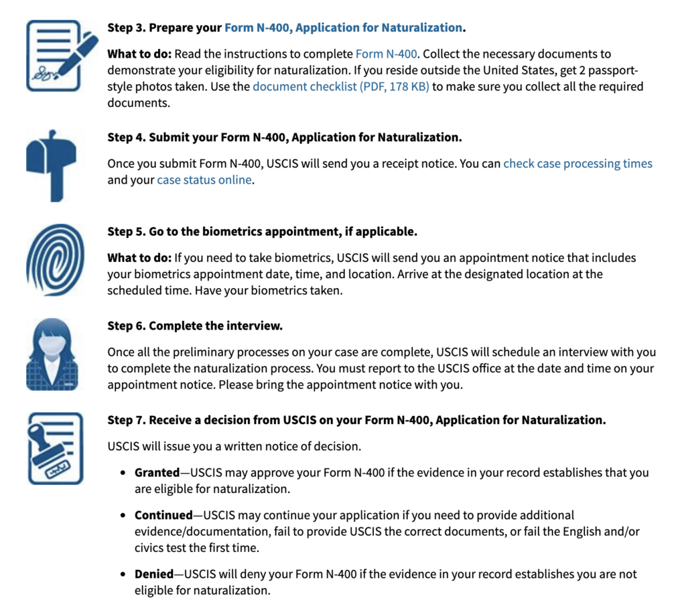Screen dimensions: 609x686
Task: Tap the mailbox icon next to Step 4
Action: click(52, 165)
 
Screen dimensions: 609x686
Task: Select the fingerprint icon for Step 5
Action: click(55, 260)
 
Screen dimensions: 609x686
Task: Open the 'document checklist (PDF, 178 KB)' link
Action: click(341, 86)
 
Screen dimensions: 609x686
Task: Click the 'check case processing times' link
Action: click(577, 163)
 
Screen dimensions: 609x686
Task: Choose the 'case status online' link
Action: click(204, 180)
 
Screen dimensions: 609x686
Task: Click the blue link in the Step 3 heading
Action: click(343, 28)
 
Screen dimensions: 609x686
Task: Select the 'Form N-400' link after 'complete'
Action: click(387, 54)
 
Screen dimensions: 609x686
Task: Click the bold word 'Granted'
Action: click(157, 472)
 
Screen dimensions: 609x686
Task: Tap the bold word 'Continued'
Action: click(163, 515)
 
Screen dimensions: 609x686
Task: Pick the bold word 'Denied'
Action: click(153, 574)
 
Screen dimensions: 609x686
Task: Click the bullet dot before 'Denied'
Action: click(123, 574)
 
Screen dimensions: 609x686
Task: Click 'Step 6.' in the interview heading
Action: click(127, 326)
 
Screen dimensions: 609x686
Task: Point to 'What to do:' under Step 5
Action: click(139, 258)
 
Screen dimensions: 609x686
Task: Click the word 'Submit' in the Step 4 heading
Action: click(169, 137)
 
